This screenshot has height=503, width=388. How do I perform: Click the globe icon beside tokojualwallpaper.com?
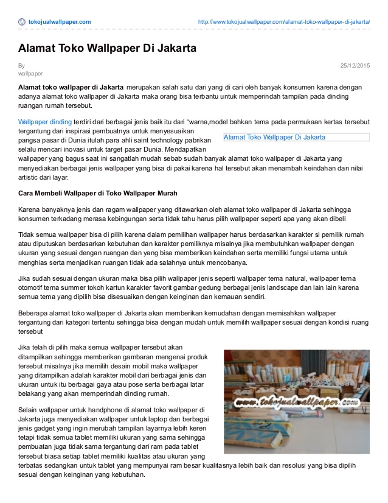tap(23, 22)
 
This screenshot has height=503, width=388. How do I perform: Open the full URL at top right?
tap(284, 22)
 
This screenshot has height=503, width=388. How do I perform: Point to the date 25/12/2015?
tap(355, 65)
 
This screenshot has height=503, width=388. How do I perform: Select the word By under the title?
tap(21, 65)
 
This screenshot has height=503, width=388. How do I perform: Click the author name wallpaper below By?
tap(30, 73)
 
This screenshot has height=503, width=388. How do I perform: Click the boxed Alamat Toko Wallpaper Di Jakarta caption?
tap(275, 138)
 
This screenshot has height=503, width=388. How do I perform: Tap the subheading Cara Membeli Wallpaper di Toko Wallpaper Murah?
tap(97, 193)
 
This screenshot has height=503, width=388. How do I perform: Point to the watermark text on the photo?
tap(296, 403)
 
